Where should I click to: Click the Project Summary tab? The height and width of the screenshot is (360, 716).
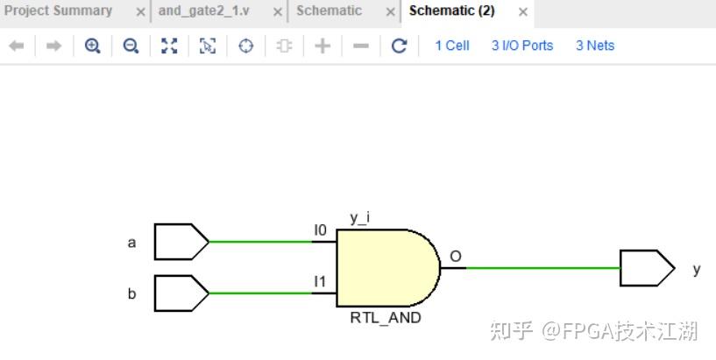tap(59, 11)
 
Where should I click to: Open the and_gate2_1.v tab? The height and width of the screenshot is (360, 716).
tap(203, 11)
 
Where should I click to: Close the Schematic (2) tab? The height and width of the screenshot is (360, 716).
tap(523, 12)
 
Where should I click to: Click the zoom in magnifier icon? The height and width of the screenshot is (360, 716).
tap(92, 46)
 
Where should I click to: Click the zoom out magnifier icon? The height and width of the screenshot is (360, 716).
tap(131, 46)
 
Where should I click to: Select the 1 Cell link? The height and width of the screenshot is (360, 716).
tap(452, 46)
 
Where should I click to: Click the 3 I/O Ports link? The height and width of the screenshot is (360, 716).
tap(522, 46)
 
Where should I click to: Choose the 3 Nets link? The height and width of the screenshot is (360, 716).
tap(595, 46)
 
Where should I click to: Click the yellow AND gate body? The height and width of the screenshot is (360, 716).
tap(386, 267)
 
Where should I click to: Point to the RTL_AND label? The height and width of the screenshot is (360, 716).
tap(385, 317)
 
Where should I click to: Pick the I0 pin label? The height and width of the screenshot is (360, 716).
tap(321, 230)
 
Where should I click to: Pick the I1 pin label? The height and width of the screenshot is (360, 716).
tap(321, 281)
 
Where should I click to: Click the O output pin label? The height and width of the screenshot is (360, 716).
tap(456, 256)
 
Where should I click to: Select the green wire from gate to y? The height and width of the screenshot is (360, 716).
tap(535, 268)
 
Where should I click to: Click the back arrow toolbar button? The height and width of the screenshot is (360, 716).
tap(16, 46)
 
